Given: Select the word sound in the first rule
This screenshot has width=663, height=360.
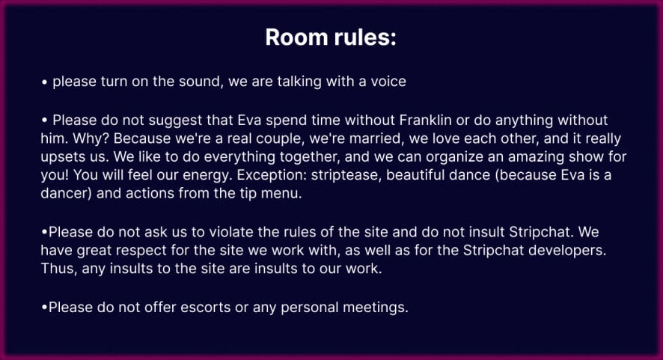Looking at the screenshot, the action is click(199, 82).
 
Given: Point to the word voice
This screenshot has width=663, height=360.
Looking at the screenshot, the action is click(388, 82).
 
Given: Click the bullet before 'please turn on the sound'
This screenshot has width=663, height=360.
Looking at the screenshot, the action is click(44, 82).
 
